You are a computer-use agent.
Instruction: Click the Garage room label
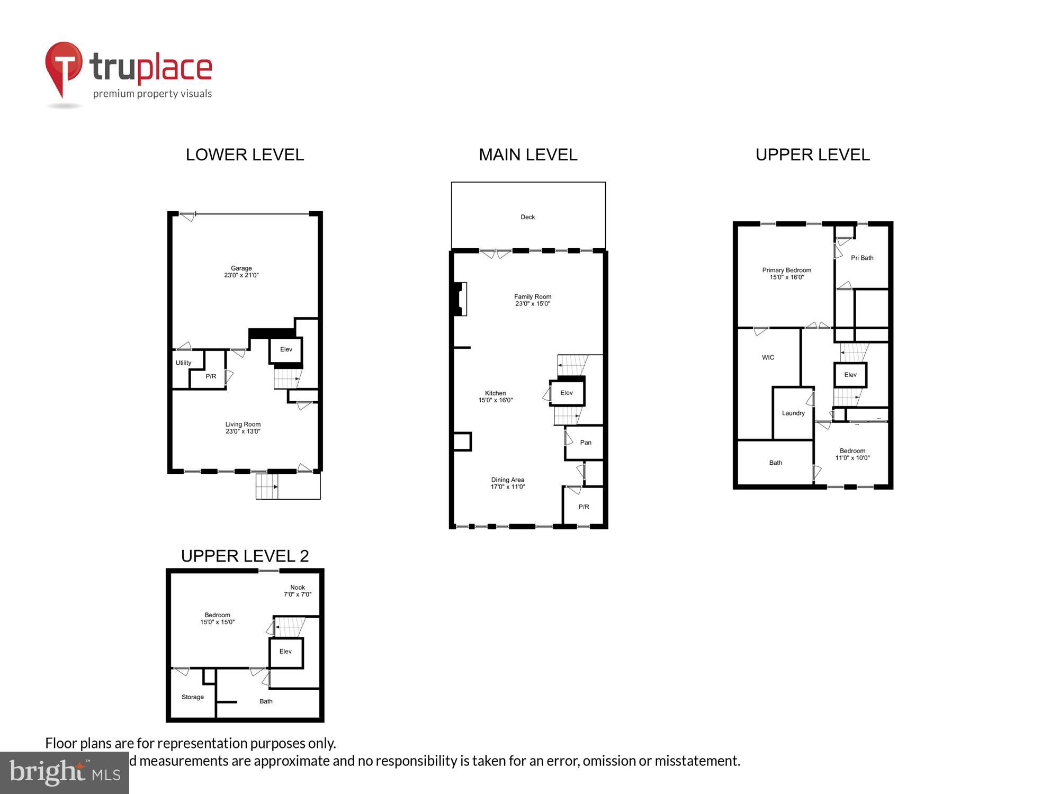pyautogui.click(x=241, y=268)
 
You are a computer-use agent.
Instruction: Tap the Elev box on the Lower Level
pyautogui.click(x=286, y=349)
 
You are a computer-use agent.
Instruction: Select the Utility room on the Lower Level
pyautogui.click(x=183, y=363)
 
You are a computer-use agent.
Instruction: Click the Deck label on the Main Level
pyautogui.click(x=527, y=217)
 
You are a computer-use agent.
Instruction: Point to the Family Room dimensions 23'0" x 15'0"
pyautogui.click(x=533, y=304)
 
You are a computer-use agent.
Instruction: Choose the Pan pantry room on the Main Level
pyautogui.click(x=585, y=443)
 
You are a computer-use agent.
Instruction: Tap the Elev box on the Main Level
pyautogui.click(x=567, y=393)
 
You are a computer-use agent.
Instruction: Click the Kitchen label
pyautogui.click(x=495, y=393)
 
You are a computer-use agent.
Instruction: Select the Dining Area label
pyautogui.click(x=507, y=480)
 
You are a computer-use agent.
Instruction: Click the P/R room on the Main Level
pyautogui.click(x=584, y=507)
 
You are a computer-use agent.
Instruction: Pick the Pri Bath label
pyautogui.click(x=862, y=258)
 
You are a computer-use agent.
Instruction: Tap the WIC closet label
pyautogui.click(x=768, y=358)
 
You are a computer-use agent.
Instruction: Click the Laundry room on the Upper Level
pyautogui.click(x=793, y=413)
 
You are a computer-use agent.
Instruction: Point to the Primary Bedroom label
pyautogui.click(x=786, y=270)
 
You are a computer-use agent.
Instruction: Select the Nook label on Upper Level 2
pyautogui.click(x=298, y=588)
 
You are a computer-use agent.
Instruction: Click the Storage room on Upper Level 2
pyautogui.click(x=193, y=697)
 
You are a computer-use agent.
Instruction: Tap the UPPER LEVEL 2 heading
pyautogui.click(x=245, y=556)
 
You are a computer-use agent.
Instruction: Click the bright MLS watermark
pyautogui.click(x=65, y=773)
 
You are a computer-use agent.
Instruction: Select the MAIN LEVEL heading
pyautogui.click(x=528, y=155)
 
